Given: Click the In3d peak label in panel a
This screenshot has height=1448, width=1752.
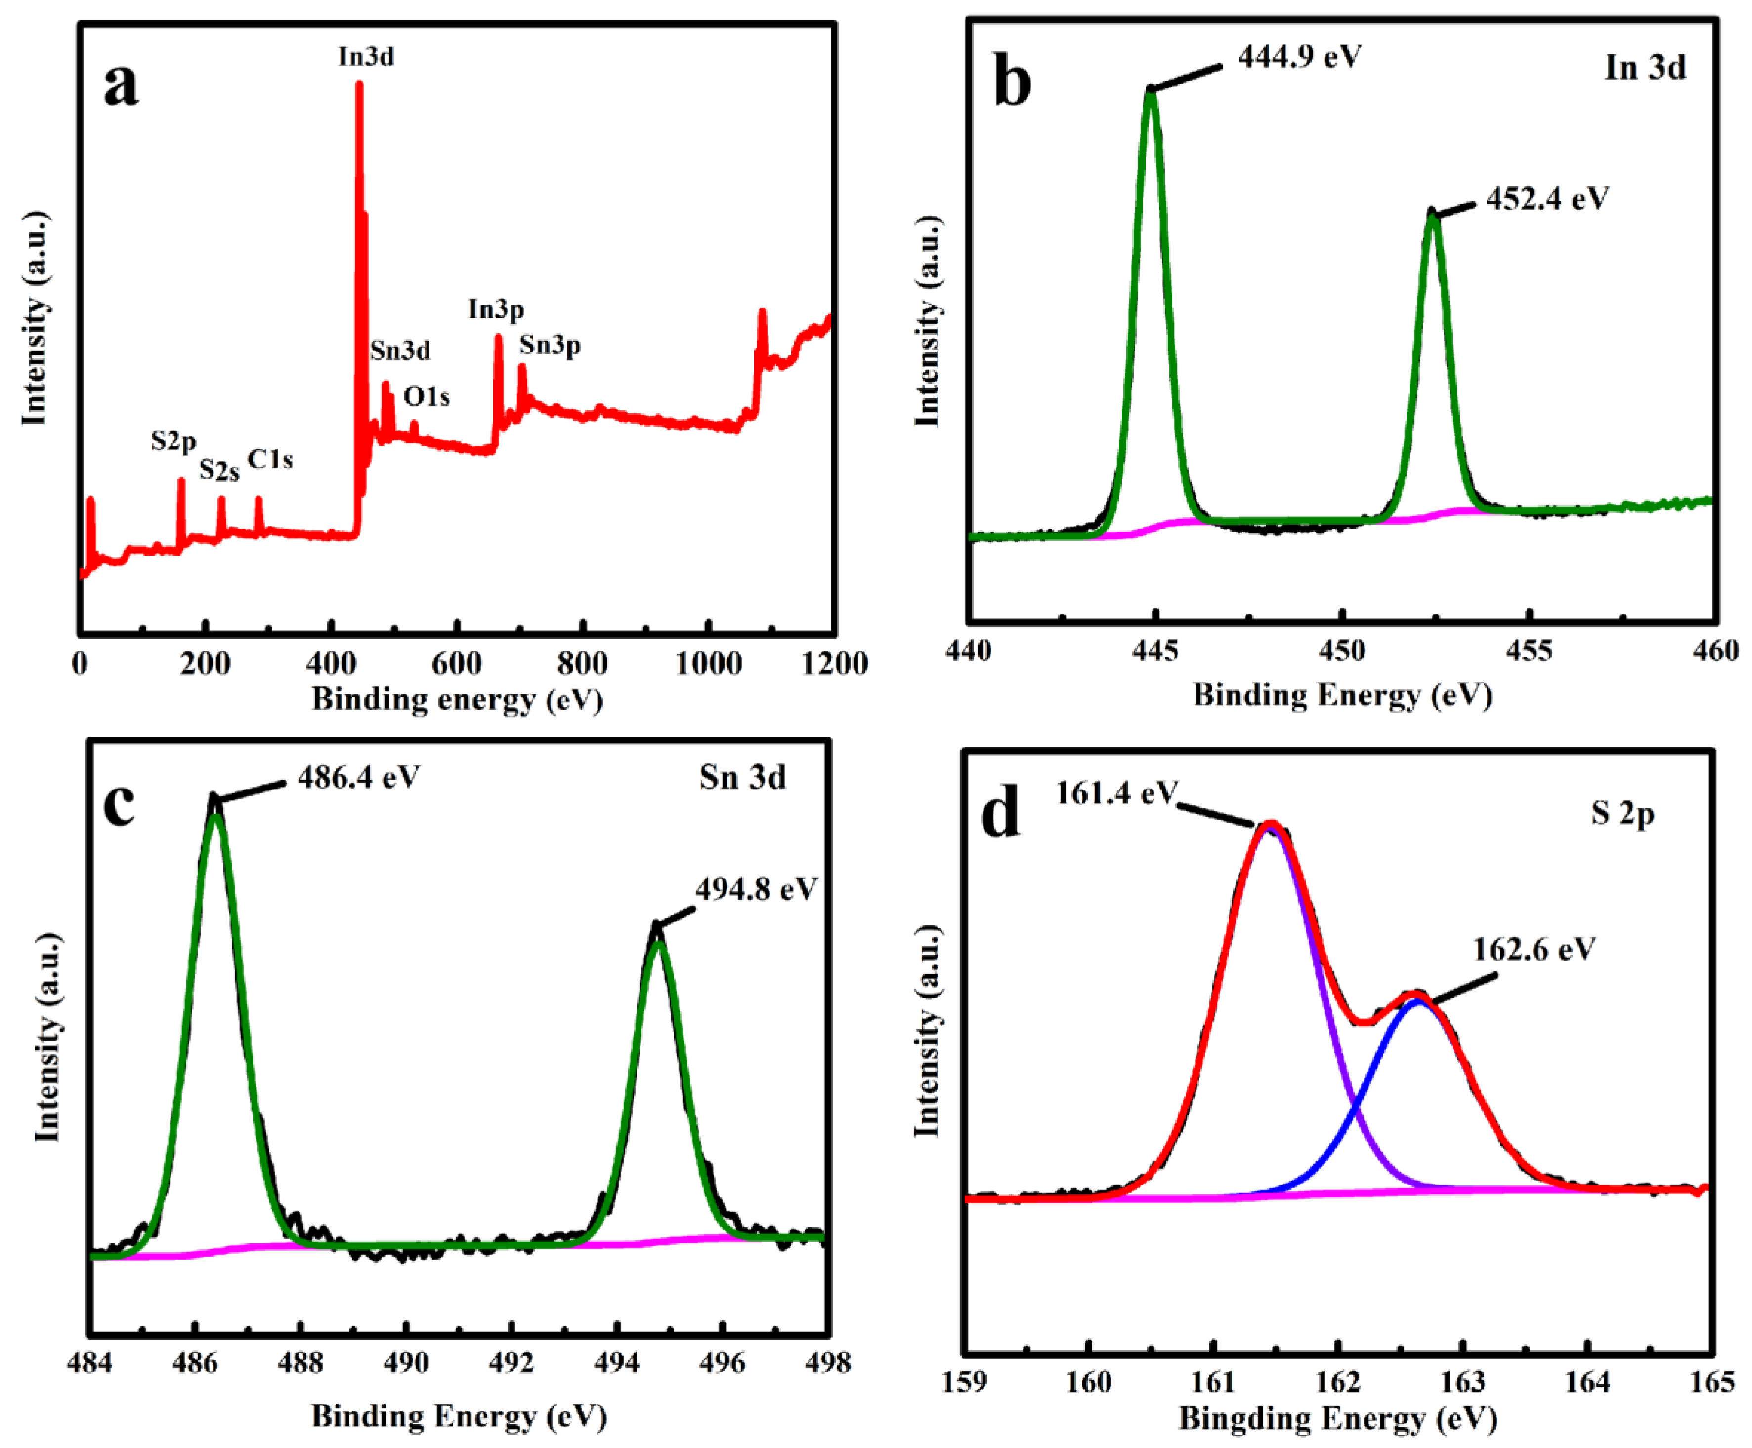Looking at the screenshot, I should click(366, 57).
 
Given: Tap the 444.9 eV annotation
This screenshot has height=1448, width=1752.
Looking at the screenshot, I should click(1299, 57).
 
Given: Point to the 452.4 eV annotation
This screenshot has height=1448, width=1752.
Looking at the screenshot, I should click(1547, 199).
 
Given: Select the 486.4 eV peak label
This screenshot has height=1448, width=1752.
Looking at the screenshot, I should click(359, 777).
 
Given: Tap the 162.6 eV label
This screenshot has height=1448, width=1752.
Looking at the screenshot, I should click(1534, 948).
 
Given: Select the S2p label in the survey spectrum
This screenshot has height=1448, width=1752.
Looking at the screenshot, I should click(173, 441).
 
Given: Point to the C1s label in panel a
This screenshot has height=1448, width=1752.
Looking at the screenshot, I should click(270, 459).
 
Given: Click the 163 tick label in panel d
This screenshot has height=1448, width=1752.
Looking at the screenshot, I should click(1463, 1381).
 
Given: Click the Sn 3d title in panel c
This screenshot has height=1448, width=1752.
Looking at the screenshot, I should click(742, 777).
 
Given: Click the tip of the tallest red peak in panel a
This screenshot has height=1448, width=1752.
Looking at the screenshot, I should click(359, 84).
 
